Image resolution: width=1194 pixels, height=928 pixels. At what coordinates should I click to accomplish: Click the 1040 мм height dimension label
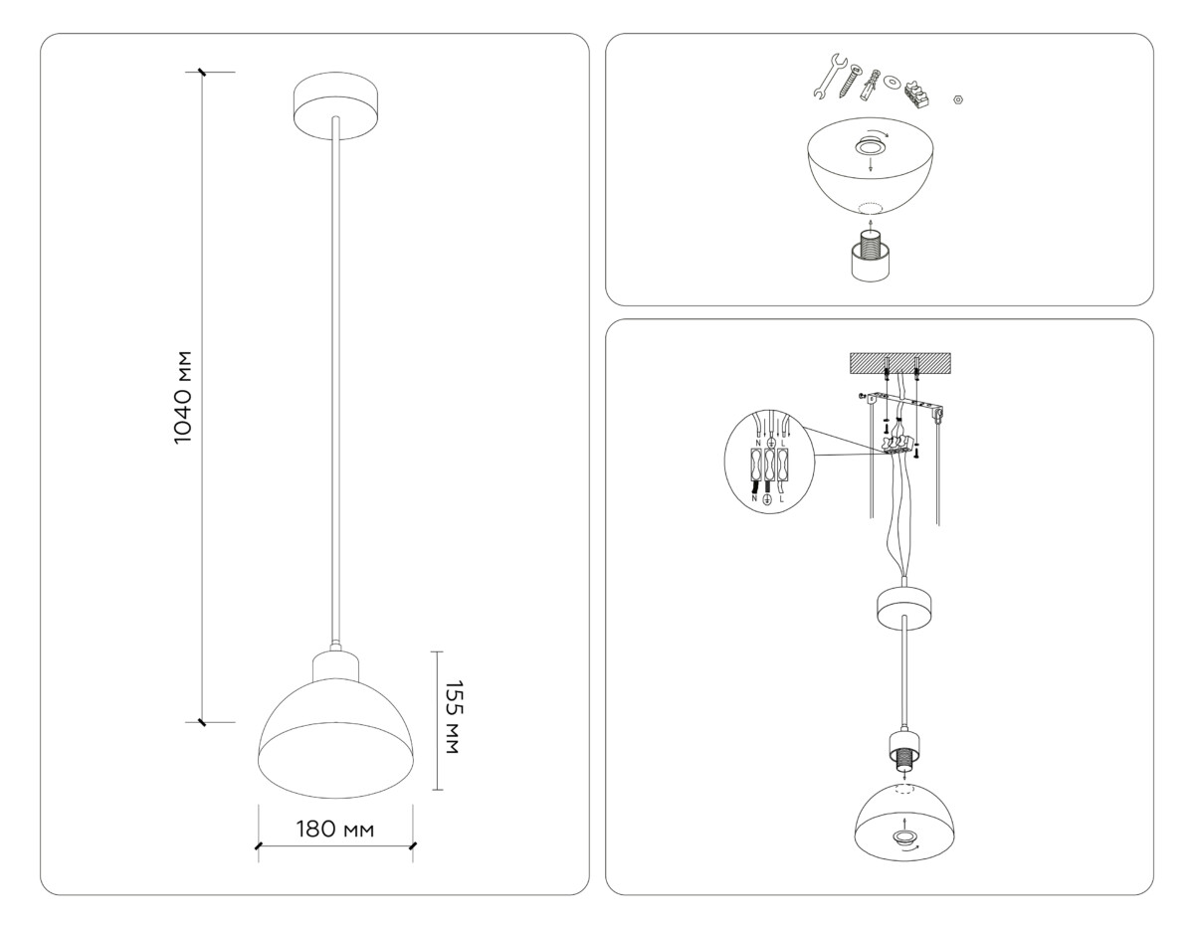click(x=181, y=398)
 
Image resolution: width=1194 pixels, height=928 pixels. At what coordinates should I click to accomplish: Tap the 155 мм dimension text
click(x=452, y=716)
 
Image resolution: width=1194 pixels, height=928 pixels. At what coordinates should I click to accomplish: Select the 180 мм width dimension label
click(x=334, y=830)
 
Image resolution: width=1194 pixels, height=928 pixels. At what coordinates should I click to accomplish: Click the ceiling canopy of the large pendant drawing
click(x=337, y=102)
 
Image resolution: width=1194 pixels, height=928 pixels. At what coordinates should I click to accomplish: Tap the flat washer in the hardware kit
click(x=892, y=82)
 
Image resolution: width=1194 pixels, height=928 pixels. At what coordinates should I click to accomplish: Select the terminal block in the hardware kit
click(x=917, y=92)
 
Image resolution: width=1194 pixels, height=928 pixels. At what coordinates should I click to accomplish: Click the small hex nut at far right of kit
click(x=957, y=99)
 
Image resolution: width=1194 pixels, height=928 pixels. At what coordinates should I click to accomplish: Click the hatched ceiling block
click(x=899, y=365)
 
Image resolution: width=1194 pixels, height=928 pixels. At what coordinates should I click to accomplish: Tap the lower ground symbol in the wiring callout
click(x=767, y=500)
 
